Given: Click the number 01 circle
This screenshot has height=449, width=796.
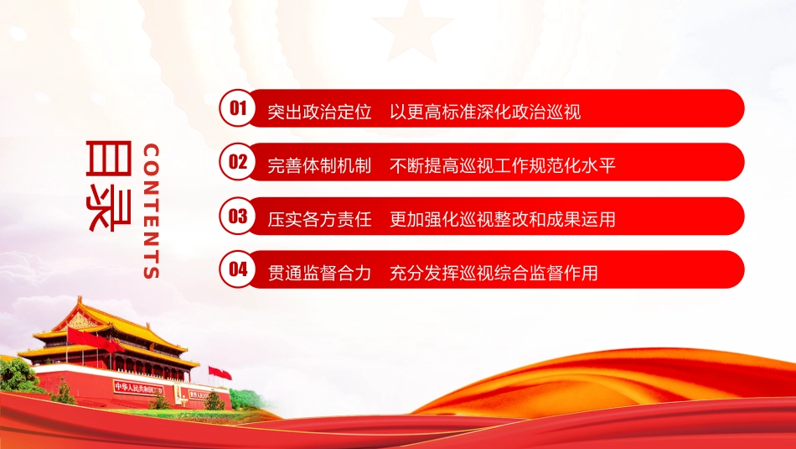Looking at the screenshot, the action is click(x=238, y=107).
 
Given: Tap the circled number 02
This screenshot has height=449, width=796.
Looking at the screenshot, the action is click(x=238, y=162).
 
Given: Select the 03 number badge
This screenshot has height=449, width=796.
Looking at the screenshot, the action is click(x=238, y=216).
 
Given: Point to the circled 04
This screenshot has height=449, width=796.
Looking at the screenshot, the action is click(x=238, y=269).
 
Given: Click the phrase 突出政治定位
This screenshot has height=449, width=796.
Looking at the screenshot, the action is click(x=319, y=112).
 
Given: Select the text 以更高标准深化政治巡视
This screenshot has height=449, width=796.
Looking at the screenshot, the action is click(x=485, y=112).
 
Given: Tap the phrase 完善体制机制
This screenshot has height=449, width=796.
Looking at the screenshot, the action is click(x=319, y=165).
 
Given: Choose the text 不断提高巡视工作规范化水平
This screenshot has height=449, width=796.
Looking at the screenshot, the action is click(x=503, y=165).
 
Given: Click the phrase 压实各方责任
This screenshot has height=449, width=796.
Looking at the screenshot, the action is click(x=319, y=219).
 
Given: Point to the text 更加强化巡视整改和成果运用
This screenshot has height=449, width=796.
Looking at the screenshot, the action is click(x=503, y=219).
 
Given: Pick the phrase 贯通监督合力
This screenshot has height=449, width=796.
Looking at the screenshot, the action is click(x=319, y=273).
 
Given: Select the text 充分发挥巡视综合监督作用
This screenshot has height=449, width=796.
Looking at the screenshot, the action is click(x=494, y=273).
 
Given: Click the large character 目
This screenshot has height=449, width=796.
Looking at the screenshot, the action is click(x=109, y=158).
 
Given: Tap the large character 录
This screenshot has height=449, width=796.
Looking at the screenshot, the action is click(x=109, y=209).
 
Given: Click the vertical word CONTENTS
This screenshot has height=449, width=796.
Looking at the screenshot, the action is click(x=152, y=211).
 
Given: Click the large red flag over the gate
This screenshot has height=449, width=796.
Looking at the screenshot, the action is click(x=94, y=340).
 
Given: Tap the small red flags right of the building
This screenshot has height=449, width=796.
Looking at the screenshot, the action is click(x=220, y=373).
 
